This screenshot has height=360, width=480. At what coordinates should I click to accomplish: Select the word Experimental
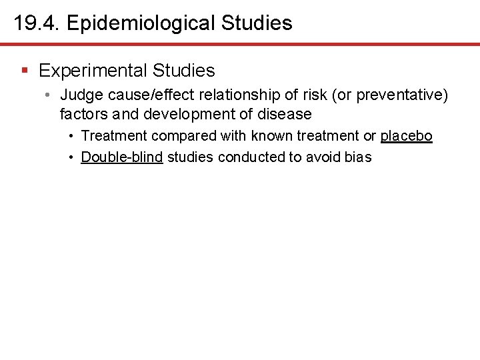coord(93,70)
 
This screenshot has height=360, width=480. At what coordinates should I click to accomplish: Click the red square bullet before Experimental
coord(25,70)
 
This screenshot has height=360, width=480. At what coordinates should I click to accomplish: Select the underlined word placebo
coord(407,136)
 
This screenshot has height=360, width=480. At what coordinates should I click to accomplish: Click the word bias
coord(357,157)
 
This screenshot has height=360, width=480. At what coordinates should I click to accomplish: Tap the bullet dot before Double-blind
coord(71,157)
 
